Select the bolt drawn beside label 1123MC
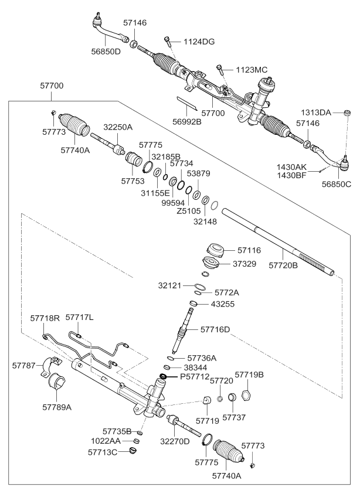220,71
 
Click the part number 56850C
336,183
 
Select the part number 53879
198,173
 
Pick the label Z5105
187,210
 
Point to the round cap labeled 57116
214,250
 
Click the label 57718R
45,318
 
